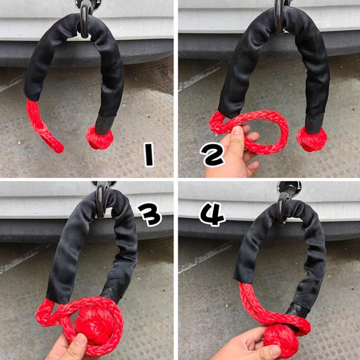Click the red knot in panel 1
click(x=99, y=137)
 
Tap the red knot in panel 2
click(x=311, y=139)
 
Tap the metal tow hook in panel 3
click(x=101, y=200)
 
